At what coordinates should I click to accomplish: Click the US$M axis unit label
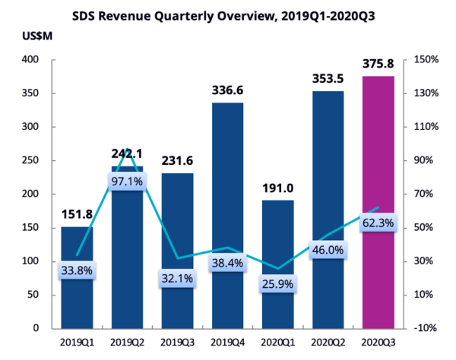pos(27,36)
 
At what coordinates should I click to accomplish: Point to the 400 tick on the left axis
pos(30,60)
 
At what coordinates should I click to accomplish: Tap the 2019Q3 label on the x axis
pos(178,345)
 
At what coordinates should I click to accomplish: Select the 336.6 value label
pos(226,91)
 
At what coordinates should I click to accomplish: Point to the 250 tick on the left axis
pos(30,160)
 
